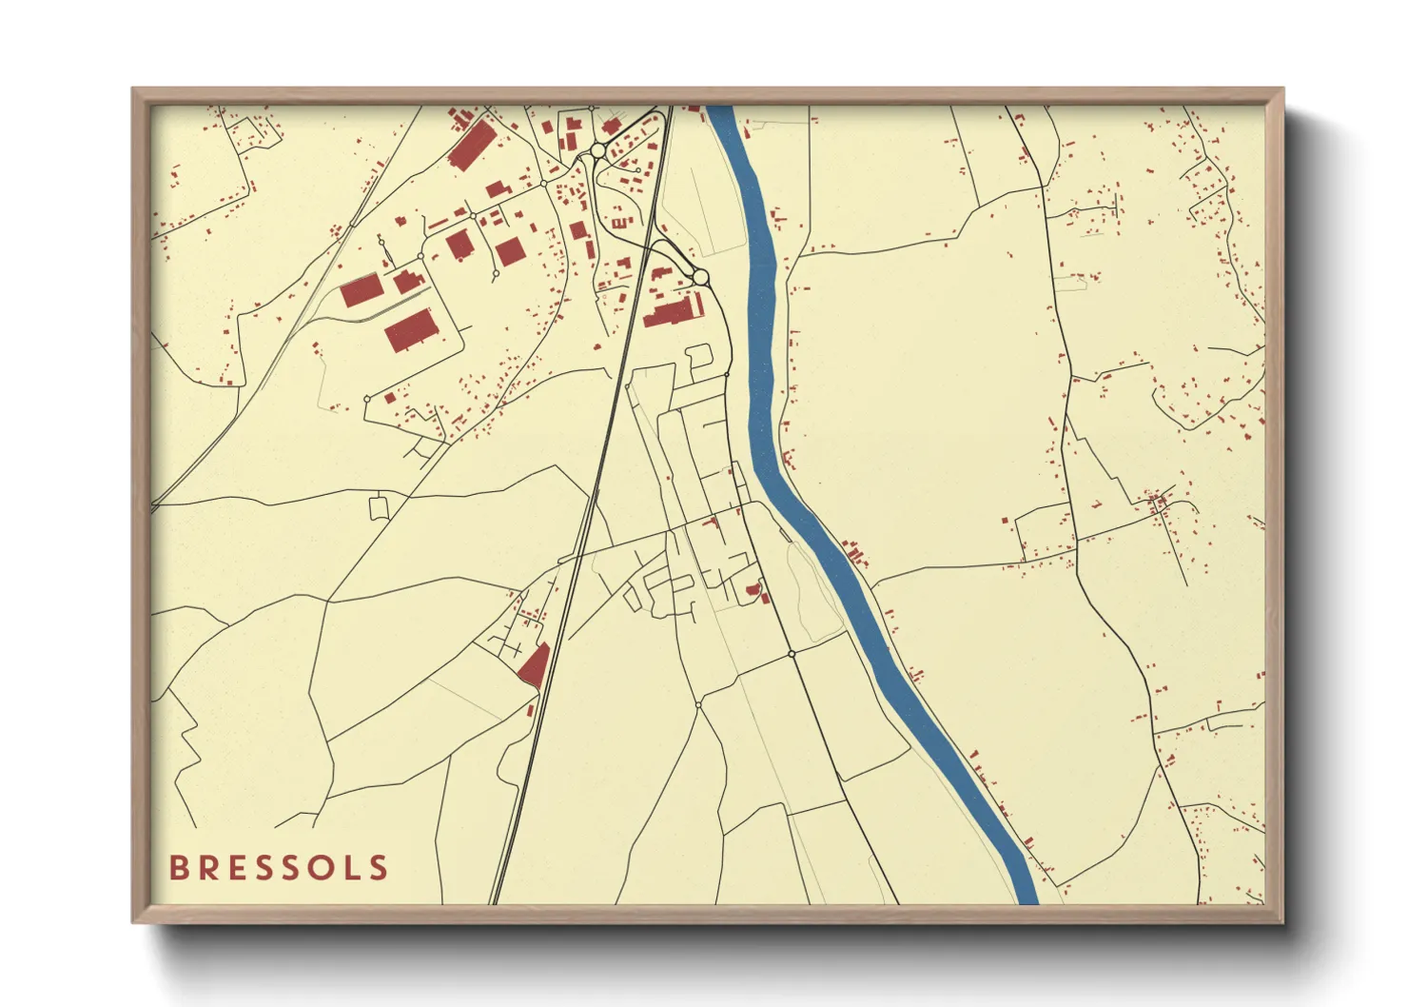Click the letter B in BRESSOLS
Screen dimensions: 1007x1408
point(178,868)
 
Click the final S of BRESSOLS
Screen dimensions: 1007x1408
point(380,868)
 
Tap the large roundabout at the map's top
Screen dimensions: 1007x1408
point(597,151)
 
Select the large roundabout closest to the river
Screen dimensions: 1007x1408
point(701,277)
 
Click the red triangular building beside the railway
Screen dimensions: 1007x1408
point(535,665)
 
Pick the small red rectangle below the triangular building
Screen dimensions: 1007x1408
point(531,710)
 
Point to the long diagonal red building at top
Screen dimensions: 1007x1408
point(471,146)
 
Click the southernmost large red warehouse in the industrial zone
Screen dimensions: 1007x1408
point(411,329)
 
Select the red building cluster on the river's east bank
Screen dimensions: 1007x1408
point(854,553)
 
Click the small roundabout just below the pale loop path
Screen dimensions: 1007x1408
point(792,654)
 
